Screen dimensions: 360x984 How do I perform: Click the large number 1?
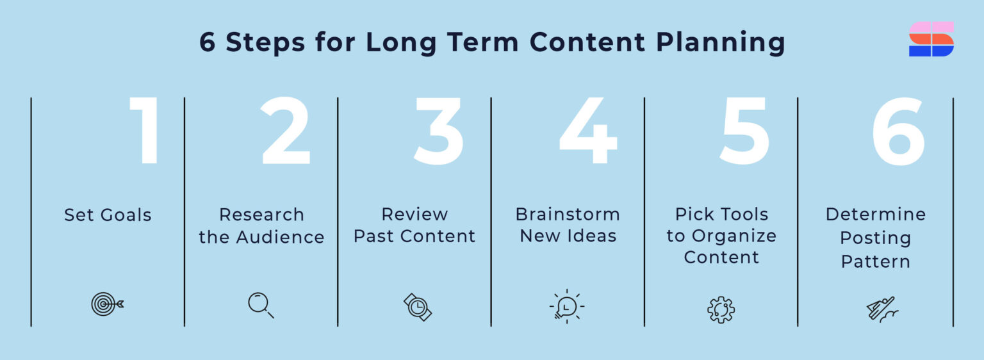point(146,131)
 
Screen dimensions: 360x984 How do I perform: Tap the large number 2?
point(286,131)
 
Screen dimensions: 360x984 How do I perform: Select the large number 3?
point(439,131)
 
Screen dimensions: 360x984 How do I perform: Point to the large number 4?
point(588,131)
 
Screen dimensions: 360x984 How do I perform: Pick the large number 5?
point(744,131)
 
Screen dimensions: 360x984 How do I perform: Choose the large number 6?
point(898,131)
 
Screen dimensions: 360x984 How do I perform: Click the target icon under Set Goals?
point(106,304)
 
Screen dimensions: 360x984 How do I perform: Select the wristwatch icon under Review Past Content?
point(417,307)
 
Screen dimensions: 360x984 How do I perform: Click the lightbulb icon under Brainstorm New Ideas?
point(567,306)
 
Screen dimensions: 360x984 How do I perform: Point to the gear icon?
point(721,309)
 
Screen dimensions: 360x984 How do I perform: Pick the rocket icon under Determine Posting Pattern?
point(881,309)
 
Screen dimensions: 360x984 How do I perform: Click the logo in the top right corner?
point(931,39)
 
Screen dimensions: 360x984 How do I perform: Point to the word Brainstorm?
point(568,214)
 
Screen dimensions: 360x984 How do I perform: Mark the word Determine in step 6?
point(875,214)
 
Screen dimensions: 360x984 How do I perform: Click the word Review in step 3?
point(414,214)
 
